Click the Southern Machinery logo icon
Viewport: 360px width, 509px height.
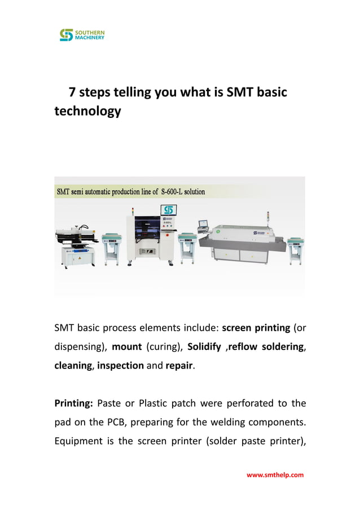pos(67,35)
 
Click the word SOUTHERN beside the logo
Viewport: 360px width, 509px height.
pos(90,32)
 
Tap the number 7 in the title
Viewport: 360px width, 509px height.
pos(72,92)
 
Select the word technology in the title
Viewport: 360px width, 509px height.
pos(87,111)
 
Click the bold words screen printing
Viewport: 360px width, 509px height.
pos(256,327)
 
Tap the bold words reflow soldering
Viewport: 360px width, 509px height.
pos(266,346)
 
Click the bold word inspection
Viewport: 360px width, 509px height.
pos(120,365)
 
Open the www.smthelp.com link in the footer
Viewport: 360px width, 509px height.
pos(275,475)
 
